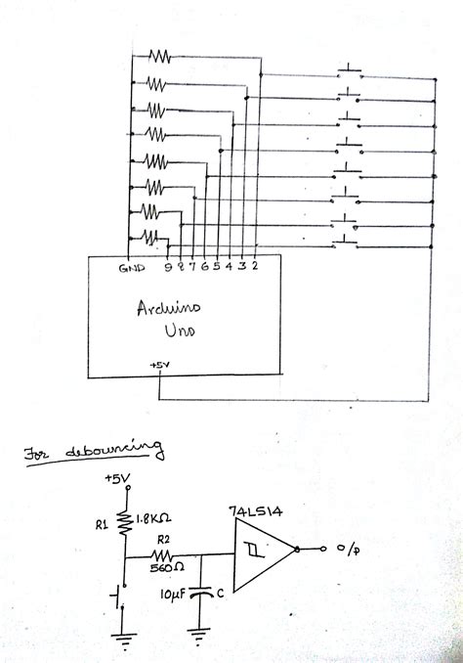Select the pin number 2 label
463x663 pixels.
point(254,265)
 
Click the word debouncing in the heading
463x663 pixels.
point(116,452)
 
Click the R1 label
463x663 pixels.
point(101,522)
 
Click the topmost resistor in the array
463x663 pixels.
point(158,56)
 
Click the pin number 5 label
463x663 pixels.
point(216,265)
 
